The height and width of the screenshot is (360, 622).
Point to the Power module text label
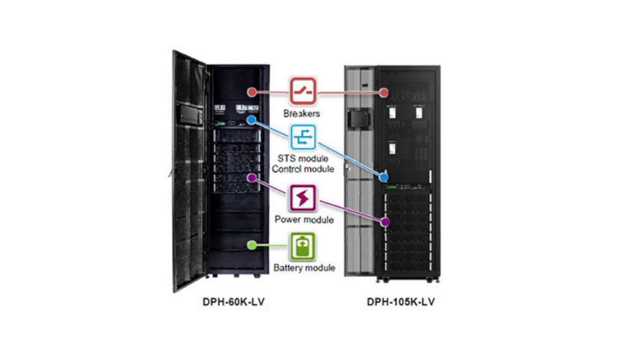pos(304,220)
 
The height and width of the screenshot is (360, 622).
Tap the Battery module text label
pos(304,268)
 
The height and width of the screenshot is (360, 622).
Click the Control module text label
pos(303,169)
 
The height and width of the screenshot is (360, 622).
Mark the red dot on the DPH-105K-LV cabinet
pos(384,93)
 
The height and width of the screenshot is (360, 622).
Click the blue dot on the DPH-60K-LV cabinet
pos(251,120)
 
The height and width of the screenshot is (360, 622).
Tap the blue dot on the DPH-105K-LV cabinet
pos(384,177)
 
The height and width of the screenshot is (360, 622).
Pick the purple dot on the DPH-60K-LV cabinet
pos(251,177)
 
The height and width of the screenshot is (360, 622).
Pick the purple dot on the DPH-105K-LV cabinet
pos(385,222)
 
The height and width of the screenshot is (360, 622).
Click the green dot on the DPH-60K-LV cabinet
pos(251,244)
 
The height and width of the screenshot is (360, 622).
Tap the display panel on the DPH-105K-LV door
pos(358,118)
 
